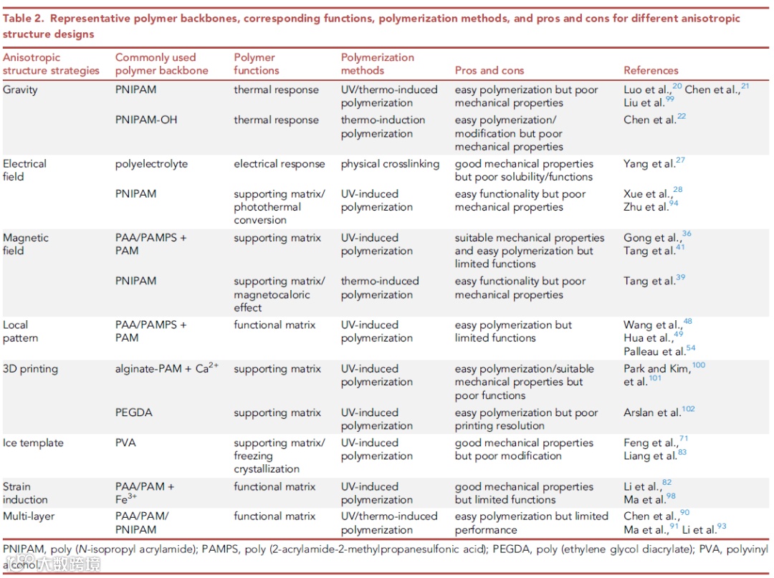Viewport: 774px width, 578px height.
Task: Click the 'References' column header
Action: [651, 70]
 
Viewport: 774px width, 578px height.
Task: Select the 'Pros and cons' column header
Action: [489, 70]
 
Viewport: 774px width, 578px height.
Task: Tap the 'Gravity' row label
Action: [20, 90]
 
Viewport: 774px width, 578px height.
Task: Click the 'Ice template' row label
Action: [33, 443]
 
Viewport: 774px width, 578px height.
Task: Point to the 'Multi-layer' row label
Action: [29, 516]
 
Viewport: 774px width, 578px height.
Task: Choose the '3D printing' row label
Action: [30, 369]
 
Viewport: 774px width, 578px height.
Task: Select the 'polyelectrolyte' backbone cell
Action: [151, 163]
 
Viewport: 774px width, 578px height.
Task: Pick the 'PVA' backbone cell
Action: [125, 443]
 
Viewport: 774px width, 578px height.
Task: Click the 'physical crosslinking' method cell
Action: [390, 163]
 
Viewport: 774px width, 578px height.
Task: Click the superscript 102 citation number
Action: [689, 409]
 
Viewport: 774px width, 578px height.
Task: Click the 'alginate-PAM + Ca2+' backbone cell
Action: [166, 369]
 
